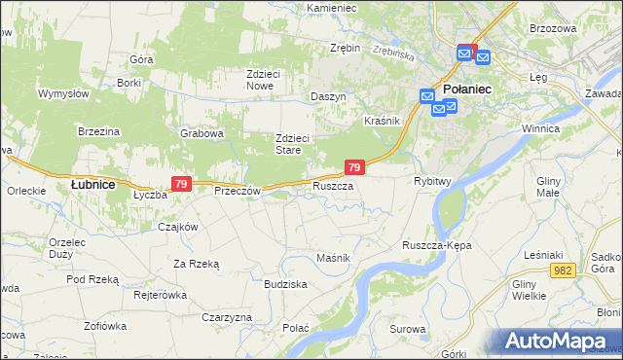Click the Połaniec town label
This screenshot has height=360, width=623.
[467, 90]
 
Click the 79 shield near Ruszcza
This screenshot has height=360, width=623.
[354, 168]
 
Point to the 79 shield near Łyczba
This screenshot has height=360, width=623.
[180, 184]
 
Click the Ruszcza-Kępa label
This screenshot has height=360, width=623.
[437, 245]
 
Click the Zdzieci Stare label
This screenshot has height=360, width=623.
[291, 144]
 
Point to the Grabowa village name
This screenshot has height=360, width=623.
[202, 133]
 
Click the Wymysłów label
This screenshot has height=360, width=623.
[63, 93]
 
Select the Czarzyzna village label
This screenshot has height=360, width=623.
[228, 317]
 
